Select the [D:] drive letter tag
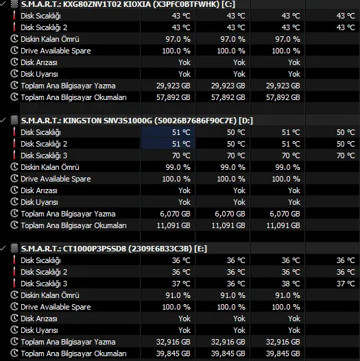click(246, 121)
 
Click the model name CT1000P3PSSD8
click(95, 249)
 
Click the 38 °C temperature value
click(291, 284)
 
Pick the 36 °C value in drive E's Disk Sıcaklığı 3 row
click(236, 284)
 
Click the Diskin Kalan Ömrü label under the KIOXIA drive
click(50, 39)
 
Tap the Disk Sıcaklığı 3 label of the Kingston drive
click(44, 155)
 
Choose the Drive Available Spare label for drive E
click(56, 307)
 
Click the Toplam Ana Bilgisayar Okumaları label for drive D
click(73, 225)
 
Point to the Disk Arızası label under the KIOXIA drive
click(39, 62)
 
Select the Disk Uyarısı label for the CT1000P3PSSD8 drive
click(39, 330)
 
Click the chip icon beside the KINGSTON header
click(14, 120)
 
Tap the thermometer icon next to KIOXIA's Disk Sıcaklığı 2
click(14, 27)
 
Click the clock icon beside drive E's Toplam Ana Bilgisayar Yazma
click(14, 342)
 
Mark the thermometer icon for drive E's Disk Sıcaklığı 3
click(14, 284)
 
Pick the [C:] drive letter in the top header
click(228, 4)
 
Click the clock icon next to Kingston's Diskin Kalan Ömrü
click(14, 167)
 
